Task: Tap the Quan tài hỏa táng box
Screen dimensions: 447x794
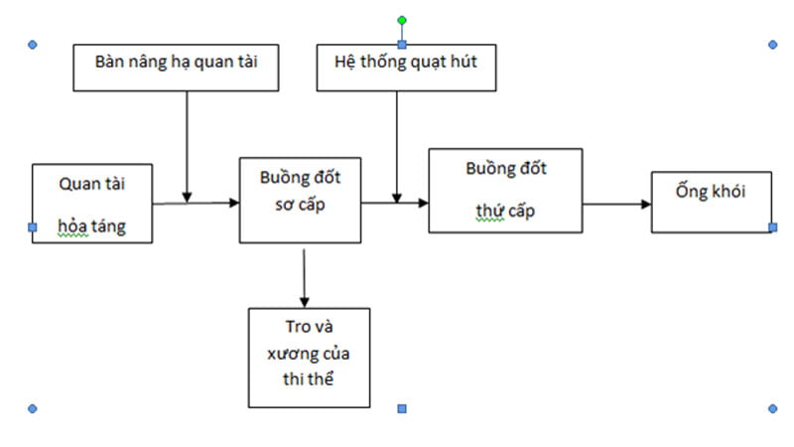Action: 92,204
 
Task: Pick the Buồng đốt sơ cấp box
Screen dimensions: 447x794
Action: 301,199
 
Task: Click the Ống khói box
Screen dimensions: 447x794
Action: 711,202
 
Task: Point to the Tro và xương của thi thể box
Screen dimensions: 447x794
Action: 308,357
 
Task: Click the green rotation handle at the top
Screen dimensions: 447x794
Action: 401,20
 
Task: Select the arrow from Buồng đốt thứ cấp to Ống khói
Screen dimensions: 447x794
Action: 616,204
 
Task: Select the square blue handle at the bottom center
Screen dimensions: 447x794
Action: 401,408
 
